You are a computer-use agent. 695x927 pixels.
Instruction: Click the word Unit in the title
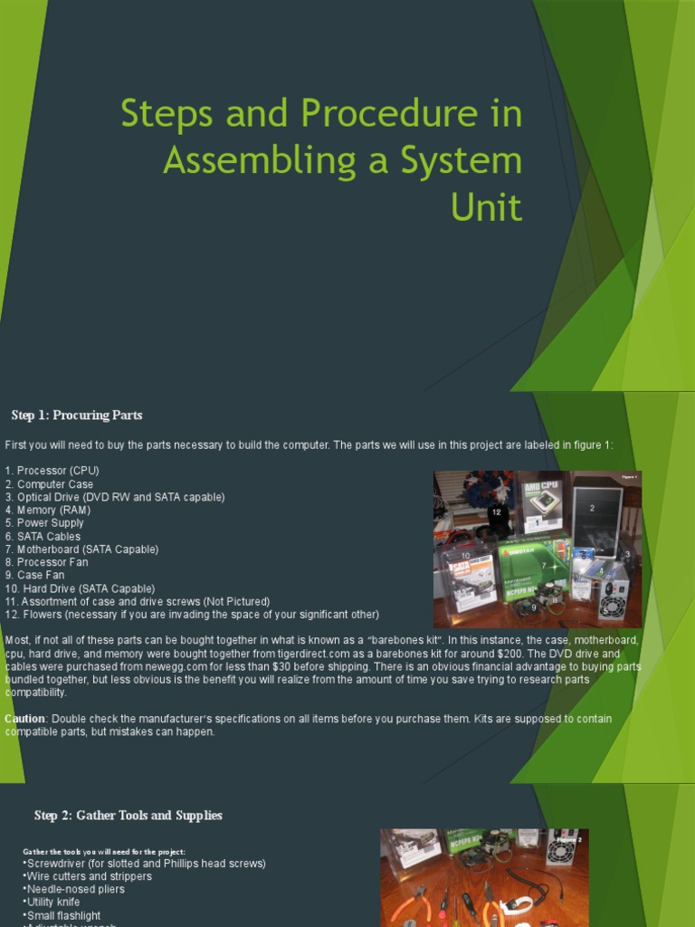tap(486, 207)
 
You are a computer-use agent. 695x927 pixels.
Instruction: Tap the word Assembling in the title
tap(257, 160)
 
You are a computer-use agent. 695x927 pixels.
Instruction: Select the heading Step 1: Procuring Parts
tap(77, 416)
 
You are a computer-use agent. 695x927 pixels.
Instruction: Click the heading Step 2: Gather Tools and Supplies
tap(128, 816)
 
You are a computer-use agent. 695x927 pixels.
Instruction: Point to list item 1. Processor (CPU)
tap(52, 471)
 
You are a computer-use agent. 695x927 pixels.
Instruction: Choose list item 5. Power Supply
tap(44, 523)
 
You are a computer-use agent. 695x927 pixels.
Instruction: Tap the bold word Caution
tap(24, 719)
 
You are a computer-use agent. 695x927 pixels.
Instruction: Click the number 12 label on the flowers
tap(496, 512)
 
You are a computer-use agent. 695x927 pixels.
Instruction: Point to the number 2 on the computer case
tap(593, 508)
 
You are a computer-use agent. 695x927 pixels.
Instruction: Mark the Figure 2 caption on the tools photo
tap(568, 839)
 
